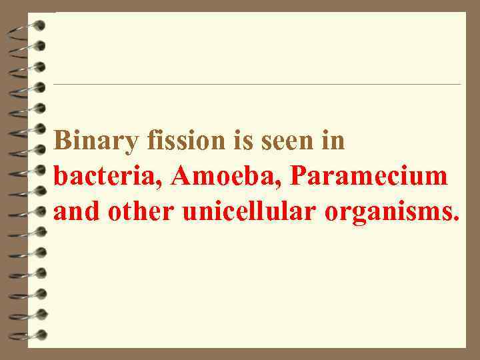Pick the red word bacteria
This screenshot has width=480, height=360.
click(x=108, y=177)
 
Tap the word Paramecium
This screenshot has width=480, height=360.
click(x=369, y=177)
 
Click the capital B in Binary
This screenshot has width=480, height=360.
click(x=62, y=141)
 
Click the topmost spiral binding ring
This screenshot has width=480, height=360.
click(x=31, y=27)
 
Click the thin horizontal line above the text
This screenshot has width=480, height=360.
click(x=257, y=85)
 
